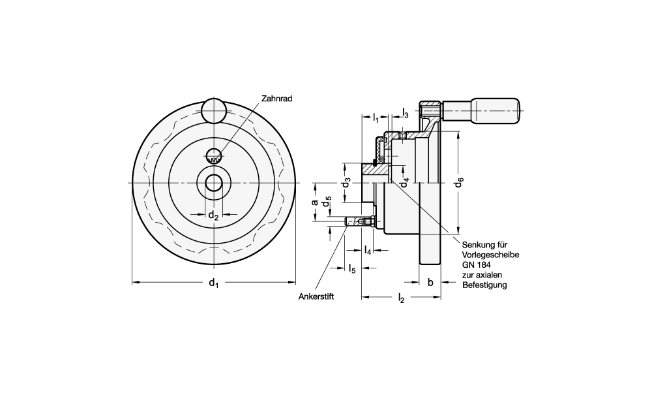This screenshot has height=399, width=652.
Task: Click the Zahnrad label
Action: tap(276, 99)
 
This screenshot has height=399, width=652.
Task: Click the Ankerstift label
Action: tap(316, 296)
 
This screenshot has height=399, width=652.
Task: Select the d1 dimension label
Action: tap(213, 283)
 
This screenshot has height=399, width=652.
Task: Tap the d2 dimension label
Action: tap(213, 215)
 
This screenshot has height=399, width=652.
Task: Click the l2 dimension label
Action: tap(401, 298)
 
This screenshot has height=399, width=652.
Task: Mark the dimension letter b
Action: tap(430, 282)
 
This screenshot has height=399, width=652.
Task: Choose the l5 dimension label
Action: tap(352, 268)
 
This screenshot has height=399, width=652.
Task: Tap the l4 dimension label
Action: tap(368, 251)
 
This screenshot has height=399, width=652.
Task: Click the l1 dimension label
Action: tap(376, 119)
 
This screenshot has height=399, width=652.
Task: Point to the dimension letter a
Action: tap(315, 202)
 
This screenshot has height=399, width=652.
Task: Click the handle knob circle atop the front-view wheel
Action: tap(213, 110)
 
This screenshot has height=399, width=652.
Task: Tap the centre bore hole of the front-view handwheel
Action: tap(213, 183)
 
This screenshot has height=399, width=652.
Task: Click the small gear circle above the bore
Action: tap(213, 157)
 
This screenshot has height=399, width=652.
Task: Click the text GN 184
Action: tap(477, 265)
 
